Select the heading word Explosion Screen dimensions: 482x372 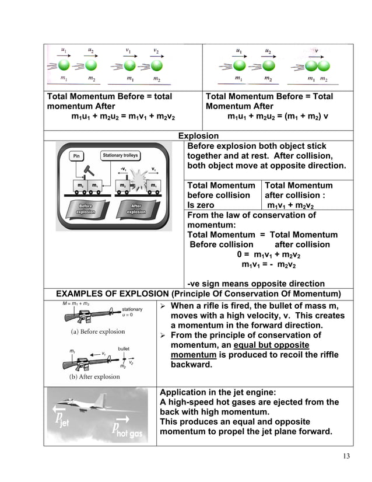click(x=198, y=136)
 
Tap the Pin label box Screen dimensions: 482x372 click(x=76, y=156)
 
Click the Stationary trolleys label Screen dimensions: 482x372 click(x=120, y=155)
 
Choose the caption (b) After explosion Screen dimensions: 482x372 click(x=94, y=376)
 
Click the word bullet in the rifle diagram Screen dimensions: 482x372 click(x=124, y=348)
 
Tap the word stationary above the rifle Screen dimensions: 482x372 click(x=132, y=309)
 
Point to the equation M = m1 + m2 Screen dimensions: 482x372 click(x=76, y=303)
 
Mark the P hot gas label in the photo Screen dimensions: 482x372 click(x=126, y=431)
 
